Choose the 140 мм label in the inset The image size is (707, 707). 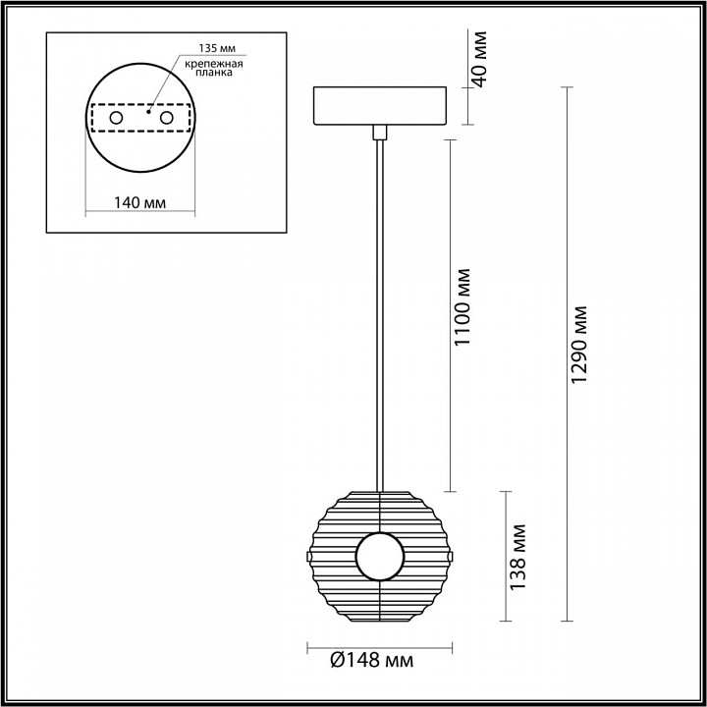click(138, 202)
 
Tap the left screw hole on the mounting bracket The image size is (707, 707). click(117, 118)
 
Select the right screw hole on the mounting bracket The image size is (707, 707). click(166, 118)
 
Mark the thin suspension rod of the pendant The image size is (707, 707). click(379, 314)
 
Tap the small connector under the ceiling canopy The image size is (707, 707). click(379, 131)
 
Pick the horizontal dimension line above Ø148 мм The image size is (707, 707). click(379, 647)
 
